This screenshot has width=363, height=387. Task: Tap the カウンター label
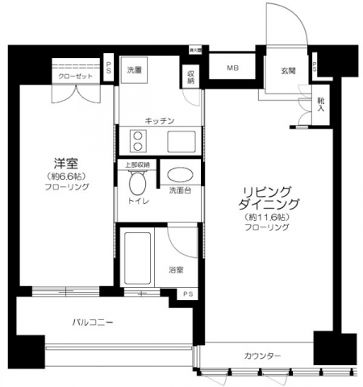263,356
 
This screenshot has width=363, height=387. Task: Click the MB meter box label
232,69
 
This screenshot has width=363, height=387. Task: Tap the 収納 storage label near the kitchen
191,77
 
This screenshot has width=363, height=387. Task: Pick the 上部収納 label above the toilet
136,165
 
